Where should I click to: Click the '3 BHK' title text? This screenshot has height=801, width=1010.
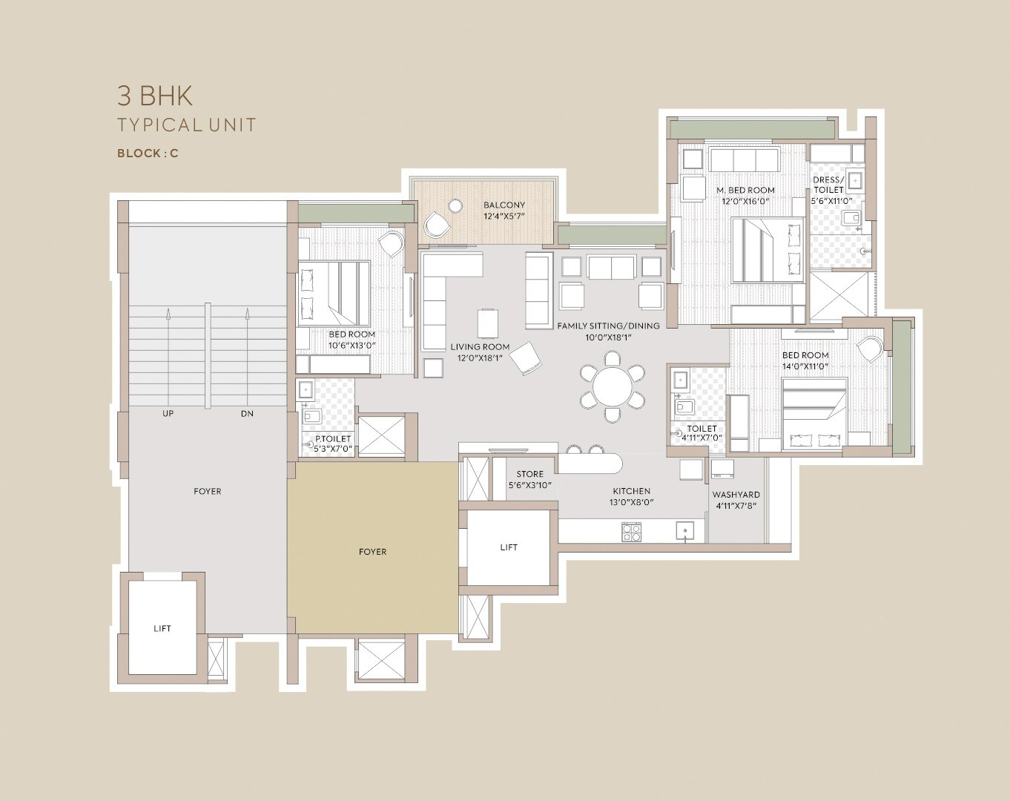pos(154,96)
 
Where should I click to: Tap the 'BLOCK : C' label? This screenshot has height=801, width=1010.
pos(148,154)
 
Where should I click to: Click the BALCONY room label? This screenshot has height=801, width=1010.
pos(504,205)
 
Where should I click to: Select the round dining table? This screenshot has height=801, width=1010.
pos(612,388)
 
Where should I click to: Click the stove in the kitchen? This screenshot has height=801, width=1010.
pos(631,531)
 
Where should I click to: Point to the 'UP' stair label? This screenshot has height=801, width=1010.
pos(168,413)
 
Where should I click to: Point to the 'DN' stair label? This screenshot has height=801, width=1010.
pos(246,413)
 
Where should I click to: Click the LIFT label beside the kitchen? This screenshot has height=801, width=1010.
pos(509,547)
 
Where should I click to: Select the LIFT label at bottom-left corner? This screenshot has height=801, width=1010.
pos(162,628)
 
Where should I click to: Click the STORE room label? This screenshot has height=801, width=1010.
pos(529,474)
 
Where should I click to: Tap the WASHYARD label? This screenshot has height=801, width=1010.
pos(736,495)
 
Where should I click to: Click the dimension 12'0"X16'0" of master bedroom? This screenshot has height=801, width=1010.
pos(745,201)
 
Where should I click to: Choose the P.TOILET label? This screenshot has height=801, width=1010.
pos(333,439)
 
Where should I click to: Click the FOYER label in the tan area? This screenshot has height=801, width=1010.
pos(372,552)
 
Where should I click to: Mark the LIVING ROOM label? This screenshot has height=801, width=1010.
pos(480,347)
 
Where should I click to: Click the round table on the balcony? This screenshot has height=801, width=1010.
pos(455,206)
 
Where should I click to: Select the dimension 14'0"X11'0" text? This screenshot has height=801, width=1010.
pos(805,366)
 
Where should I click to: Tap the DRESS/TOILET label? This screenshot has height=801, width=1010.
pos(828,185)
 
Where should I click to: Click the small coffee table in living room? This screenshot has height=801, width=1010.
pos(488,322)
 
